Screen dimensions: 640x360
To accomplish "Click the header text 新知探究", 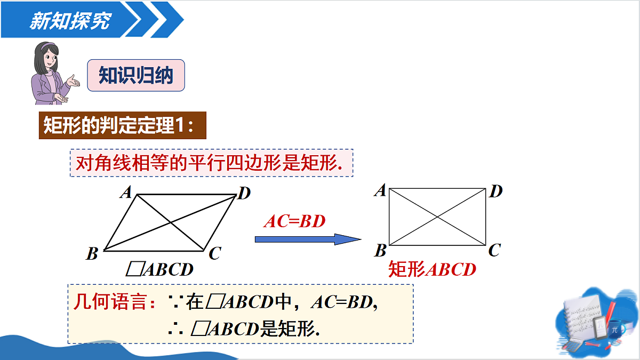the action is [70, 21].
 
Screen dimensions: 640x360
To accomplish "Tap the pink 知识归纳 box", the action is [136, 75].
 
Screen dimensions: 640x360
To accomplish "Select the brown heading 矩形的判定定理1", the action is [123, 125].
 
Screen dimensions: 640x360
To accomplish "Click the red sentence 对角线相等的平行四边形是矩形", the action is [209, 163].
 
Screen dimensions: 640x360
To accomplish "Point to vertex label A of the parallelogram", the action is [126, 192].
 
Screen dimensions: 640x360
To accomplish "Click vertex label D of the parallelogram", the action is [244, 193].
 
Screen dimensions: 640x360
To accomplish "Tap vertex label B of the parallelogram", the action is [92, 253].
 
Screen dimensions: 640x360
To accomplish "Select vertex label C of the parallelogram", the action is [215, 253].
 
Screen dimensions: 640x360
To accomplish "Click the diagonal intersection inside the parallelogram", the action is [171, 222].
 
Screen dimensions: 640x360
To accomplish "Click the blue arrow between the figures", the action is [308, 239].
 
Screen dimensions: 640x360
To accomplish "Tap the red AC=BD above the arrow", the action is [294, 221].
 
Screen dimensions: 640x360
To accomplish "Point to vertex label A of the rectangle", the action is [380, 190].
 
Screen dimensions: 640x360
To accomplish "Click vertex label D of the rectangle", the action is [496, 191].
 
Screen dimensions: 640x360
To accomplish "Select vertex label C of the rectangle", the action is [494, 250].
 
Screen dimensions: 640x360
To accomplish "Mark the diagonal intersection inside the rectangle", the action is [437, 217].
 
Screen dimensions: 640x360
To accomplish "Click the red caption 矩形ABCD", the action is [432, 269].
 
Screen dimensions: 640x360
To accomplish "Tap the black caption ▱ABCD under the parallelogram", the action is [159, 269].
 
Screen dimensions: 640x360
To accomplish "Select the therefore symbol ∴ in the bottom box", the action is [175, 329].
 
